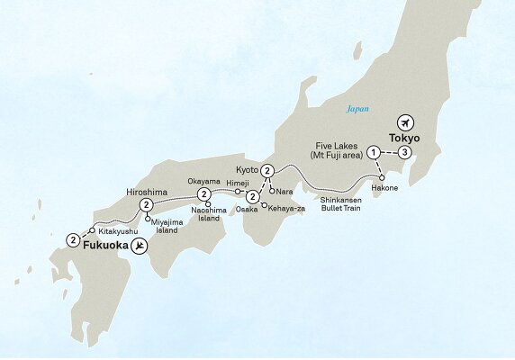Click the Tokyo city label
click(x=405, y=139)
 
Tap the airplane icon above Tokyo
click(x=404, y=122)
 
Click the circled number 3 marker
click(x=406, y=153)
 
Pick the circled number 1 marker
click(x=374, y=153)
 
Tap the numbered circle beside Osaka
click(x=252, y=196)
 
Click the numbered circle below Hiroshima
click(x=146, y=206)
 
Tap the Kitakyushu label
click(x=116, y=230)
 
